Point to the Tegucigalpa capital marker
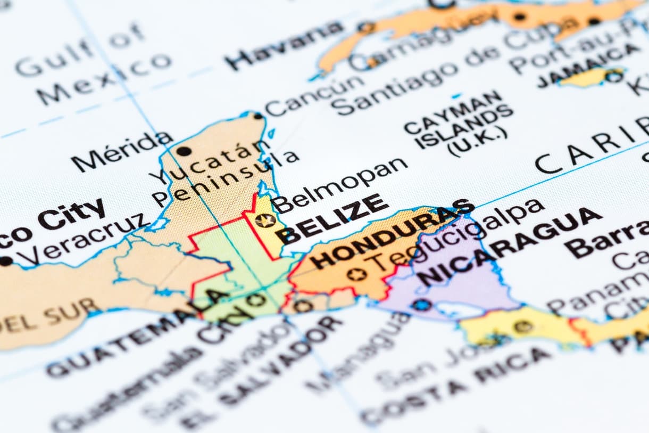(x=356, y=274)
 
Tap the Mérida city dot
(x=184, y=151)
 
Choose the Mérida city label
(x=122, y=151)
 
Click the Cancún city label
(x=314, y=95)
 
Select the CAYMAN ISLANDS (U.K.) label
(x=458, y=126)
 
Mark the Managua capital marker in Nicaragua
(x=421, y=305)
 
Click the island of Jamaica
(x=590, y=77)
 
